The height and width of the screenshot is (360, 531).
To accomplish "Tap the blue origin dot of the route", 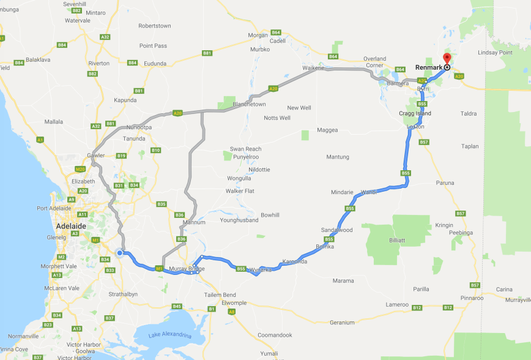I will tap(120, 252).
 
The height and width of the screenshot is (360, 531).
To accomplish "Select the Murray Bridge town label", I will tap(188, 269).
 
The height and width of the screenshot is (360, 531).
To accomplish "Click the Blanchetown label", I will tap(248, 104).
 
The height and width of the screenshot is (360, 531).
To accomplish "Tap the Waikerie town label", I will tap(313, 68).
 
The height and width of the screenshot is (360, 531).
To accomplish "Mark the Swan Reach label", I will tap(245, 149).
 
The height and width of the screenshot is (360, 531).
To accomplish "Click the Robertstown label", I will tap(155, 26).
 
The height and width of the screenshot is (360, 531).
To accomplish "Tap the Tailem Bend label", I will tap(220, 295).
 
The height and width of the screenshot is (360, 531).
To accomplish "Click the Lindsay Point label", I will tap(496, 53).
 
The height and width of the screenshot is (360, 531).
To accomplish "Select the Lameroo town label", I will tap(397, 304).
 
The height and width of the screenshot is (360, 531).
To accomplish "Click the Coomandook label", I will tap(275, 335).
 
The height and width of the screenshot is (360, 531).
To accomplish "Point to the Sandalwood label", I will tap(337, 230).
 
